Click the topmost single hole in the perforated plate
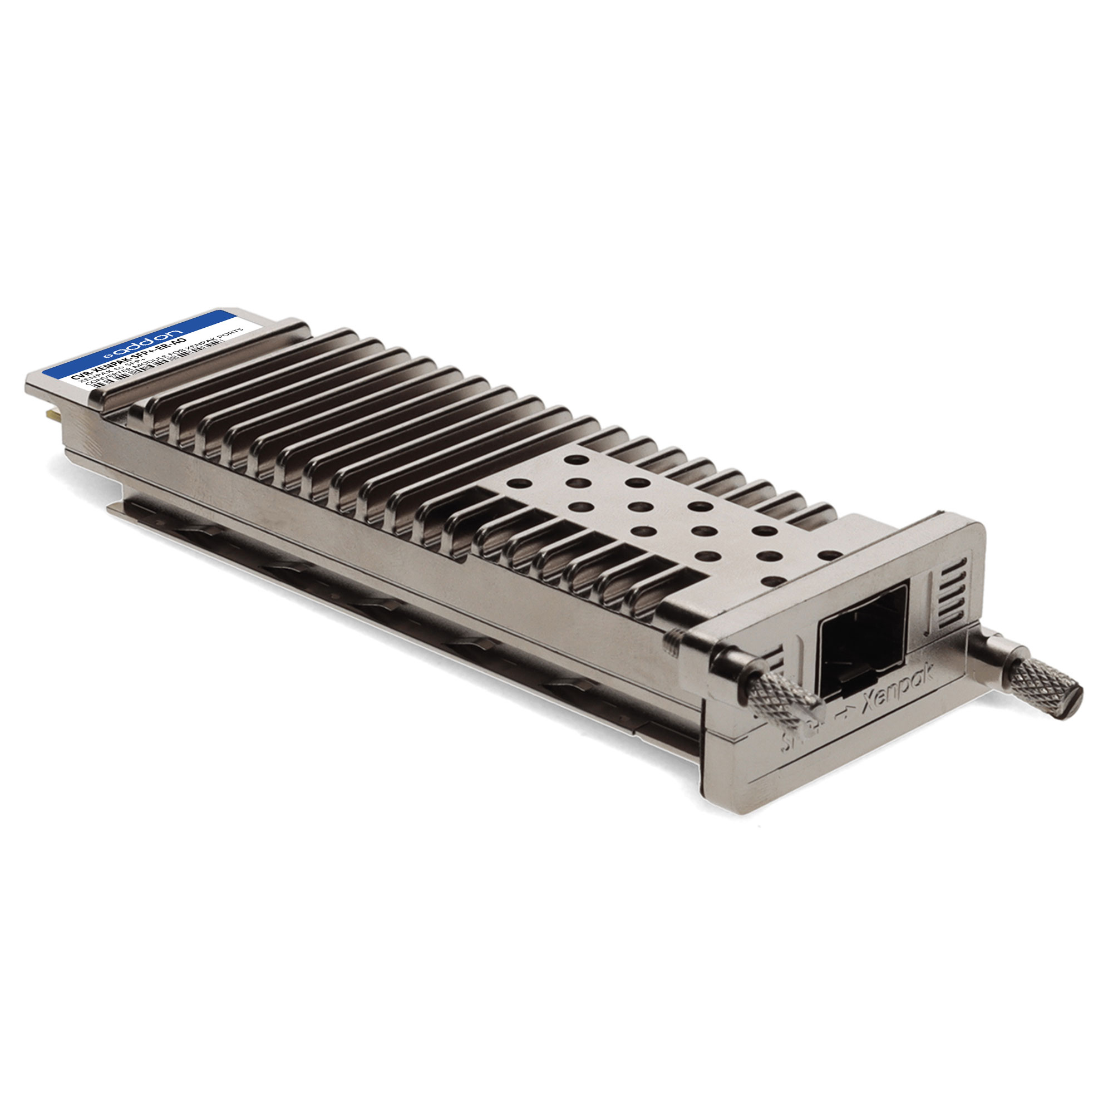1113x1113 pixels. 574,460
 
